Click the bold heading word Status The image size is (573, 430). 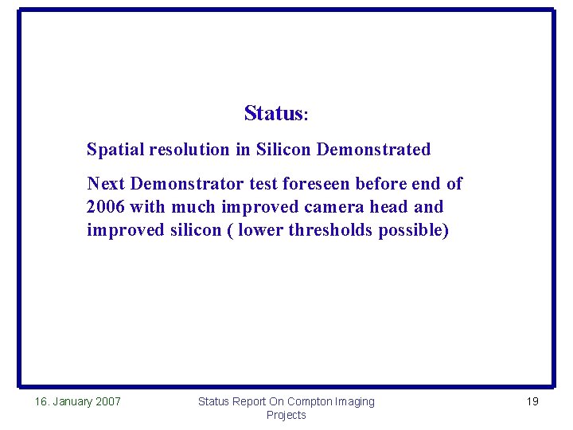(271, 114)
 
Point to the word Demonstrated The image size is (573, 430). (373, 150)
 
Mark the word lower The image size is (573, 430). (261, 230)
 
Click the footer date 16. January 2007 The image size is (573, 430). (78, 401)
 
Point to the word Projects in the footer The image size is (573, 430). (286, 415)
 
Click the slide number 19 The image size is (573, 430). (532, 401)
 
